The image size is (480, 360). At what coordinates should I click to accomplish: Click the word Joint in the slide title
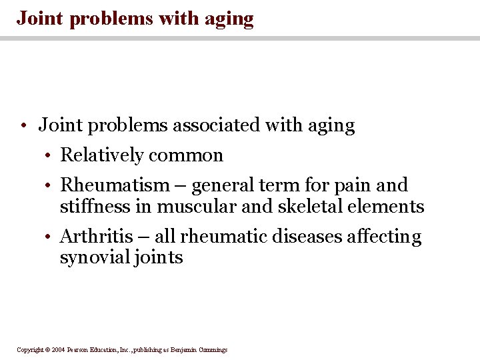41,18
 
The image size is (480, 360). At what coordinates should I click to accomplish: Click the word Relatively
102,156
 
